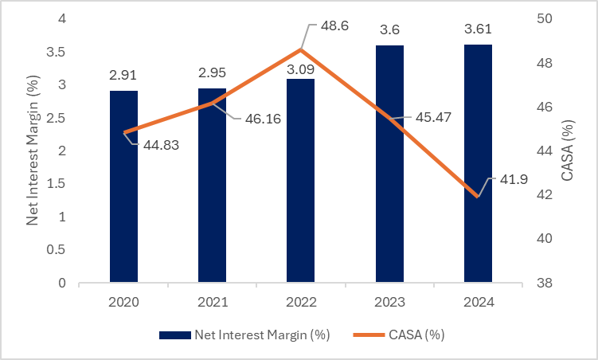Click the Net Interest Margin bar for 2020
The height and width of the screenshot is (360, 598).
(x=123, y=186)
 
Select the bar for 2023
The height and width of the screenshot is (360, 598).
(x=389, y=163)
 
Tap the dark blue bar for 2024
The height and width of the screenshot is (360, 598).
(x=478, y=163)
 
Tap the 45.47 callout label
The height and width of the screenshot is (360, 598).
(x=432, y=118)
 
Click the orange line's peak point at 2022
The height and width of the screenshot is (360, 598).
(x=301, y=49)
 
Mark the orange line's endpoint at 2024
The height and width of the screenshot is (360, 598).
(x=478, y=196)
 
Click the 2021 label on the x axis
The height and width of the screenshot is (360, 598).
(x=212, y=303)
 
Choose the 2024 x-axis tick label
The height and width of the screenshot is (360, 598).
(x=478, y=303)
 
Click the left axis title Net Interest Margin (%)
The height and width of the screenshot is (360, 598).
(x=33, y=151)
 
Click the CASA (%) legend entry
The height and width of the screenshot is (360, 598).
(x=414, y=335)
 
